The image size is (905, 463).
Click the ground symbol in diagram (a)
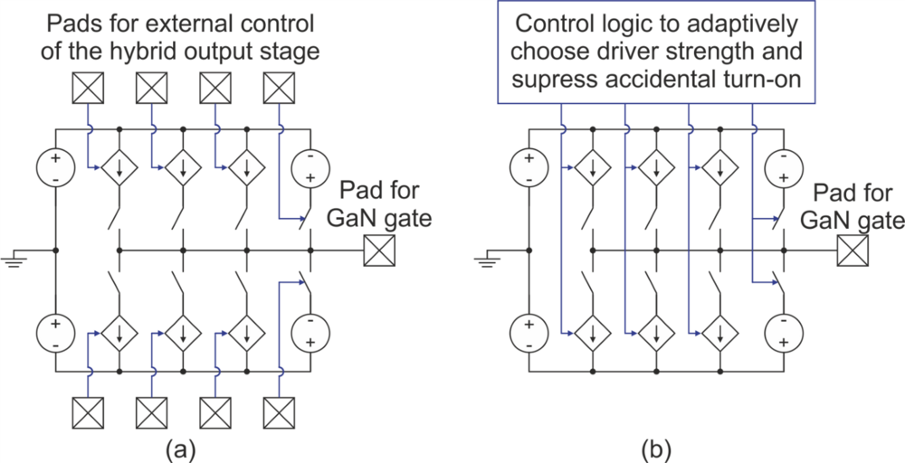click(13, 260)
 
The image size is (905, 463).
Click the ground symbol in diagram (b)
click(485, 260)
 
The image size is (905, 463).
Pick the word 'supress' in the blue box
click(543, 79)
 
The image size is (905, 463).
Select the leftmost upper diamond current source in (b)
click(593, 168)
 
